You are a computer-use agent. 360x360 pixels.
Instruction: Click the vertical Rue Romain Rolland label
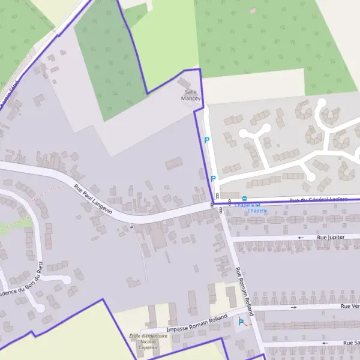click(245, 292)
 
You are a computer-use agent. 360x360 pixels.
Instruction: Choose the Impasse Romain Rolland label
click(197, 325)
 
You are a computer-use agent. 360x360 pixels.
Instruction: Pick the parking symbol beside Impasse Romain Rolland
click(241, 322)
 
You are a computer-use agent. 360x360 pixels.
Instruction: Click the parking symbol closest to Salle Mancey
click(207, 140)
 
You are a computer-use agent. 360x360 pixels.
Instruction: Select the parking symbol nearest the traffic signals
click(213, 178)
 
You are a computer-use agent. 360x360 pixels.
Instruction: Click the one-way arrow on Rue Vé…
click(293, 307)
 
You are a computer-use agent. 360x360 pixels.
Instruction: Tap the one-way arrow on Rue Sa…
click(325, 343)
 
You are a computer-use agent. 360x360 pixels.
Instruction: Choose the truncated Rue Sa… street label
click(351, 342)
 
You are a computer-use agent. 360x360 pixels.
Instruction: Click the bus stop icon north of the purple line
click(244, 199)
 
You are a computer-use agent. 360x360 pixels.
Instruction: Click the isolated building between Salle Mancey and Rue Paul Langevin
click(174, 163)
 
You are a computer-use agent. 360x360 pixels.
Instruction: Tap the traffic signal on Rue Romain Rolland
click(221, 210)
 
